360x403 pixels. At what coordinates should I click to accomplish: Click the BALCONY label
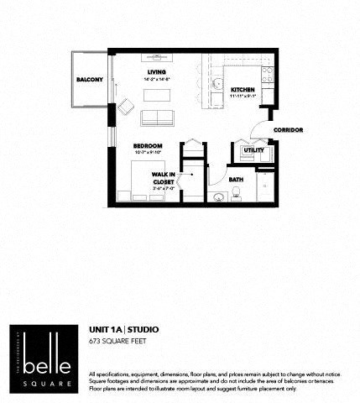[x=89, y=80]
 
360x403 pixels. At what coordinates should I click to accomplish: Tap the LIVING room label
[x=157, y=72]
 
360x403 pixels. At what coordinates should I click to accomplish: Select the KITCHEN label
[x=243, y=89]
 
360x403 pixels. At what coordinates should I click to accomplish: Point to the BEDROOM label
[x=147, y=146]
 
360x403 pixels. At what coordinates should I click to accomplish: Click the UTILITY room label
[x=253, y=150]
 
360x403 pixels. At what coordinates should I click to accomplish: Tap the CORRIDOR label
[x=288, y=130]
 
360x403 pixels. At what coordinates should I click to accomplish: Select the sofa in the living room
[x=157, y=117]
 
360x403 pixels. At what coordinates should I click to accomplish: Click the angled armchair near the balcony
[x=126, y=107]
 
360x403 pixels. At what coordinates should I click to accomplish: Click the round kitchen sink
[x=216, y=86]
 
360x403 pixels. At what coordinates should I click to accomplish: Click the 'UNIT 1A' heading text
[x=106, y=330]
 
